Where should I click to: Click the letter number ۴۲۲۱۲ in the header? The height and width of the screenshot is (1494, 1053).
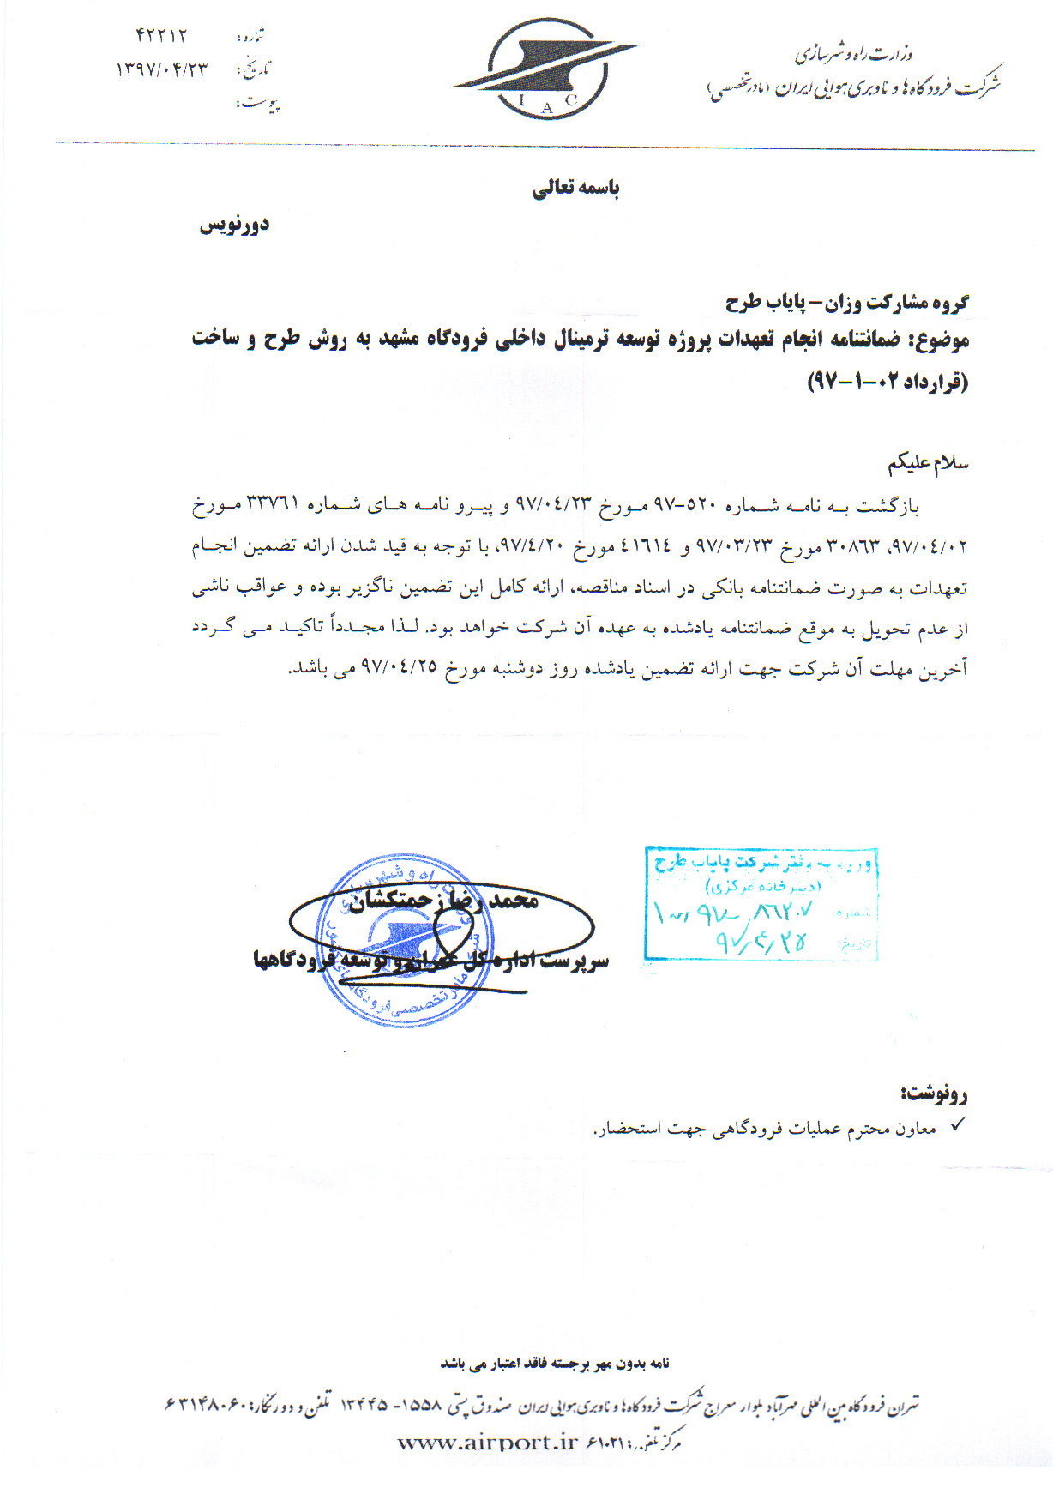click(x=160, y=35)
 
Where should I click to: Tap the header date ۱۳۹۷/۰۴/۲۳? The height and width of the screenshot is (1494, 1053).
click(x=161, y=69)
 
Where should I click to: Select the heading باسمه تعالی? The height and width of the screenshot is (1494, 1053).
click(x=575, y=188)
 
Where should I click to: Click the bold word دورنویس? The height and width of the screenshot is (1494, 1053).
click(x=234, y=226)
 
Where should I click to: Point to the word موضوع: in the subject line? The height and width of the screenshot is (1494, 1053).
click(x=938, y=340)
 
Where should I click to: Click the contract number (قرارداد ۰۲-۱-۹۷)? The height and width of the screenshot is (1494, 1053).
click(x=888, y=380)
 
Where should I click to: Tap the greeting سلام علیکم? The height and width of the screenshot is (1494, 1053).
click(x=928, y=464)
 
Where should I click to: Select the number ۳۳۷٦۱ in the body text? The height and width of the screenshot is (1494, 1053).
click(x=273, y=503)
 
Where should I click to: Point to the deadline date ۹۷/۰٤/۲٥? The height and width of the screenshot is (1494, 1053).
click(x=400, y=667)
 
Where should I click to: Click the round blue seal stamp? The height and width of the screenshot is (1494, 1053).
click(x=406, y=940)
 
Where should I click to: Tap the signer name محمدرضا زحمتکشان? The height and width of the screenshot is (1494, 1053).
click(x=443, y=900)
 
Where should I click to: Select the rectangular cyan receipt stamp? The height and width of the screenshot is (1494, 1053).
click(x=761, y=903)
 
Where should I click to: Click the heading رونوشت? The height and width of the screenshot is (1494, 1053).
click(x=934, y=1093)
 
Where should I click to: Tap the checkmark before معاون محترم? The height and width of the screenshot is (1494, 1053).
click(x=958, y=1125)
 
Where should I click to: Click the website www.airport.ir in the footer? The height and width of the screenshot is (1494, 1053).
click(x=488, y=1443)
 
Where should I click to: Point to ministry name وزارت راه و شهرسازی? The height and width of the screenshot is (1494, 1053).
click(x=854, y=54)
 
